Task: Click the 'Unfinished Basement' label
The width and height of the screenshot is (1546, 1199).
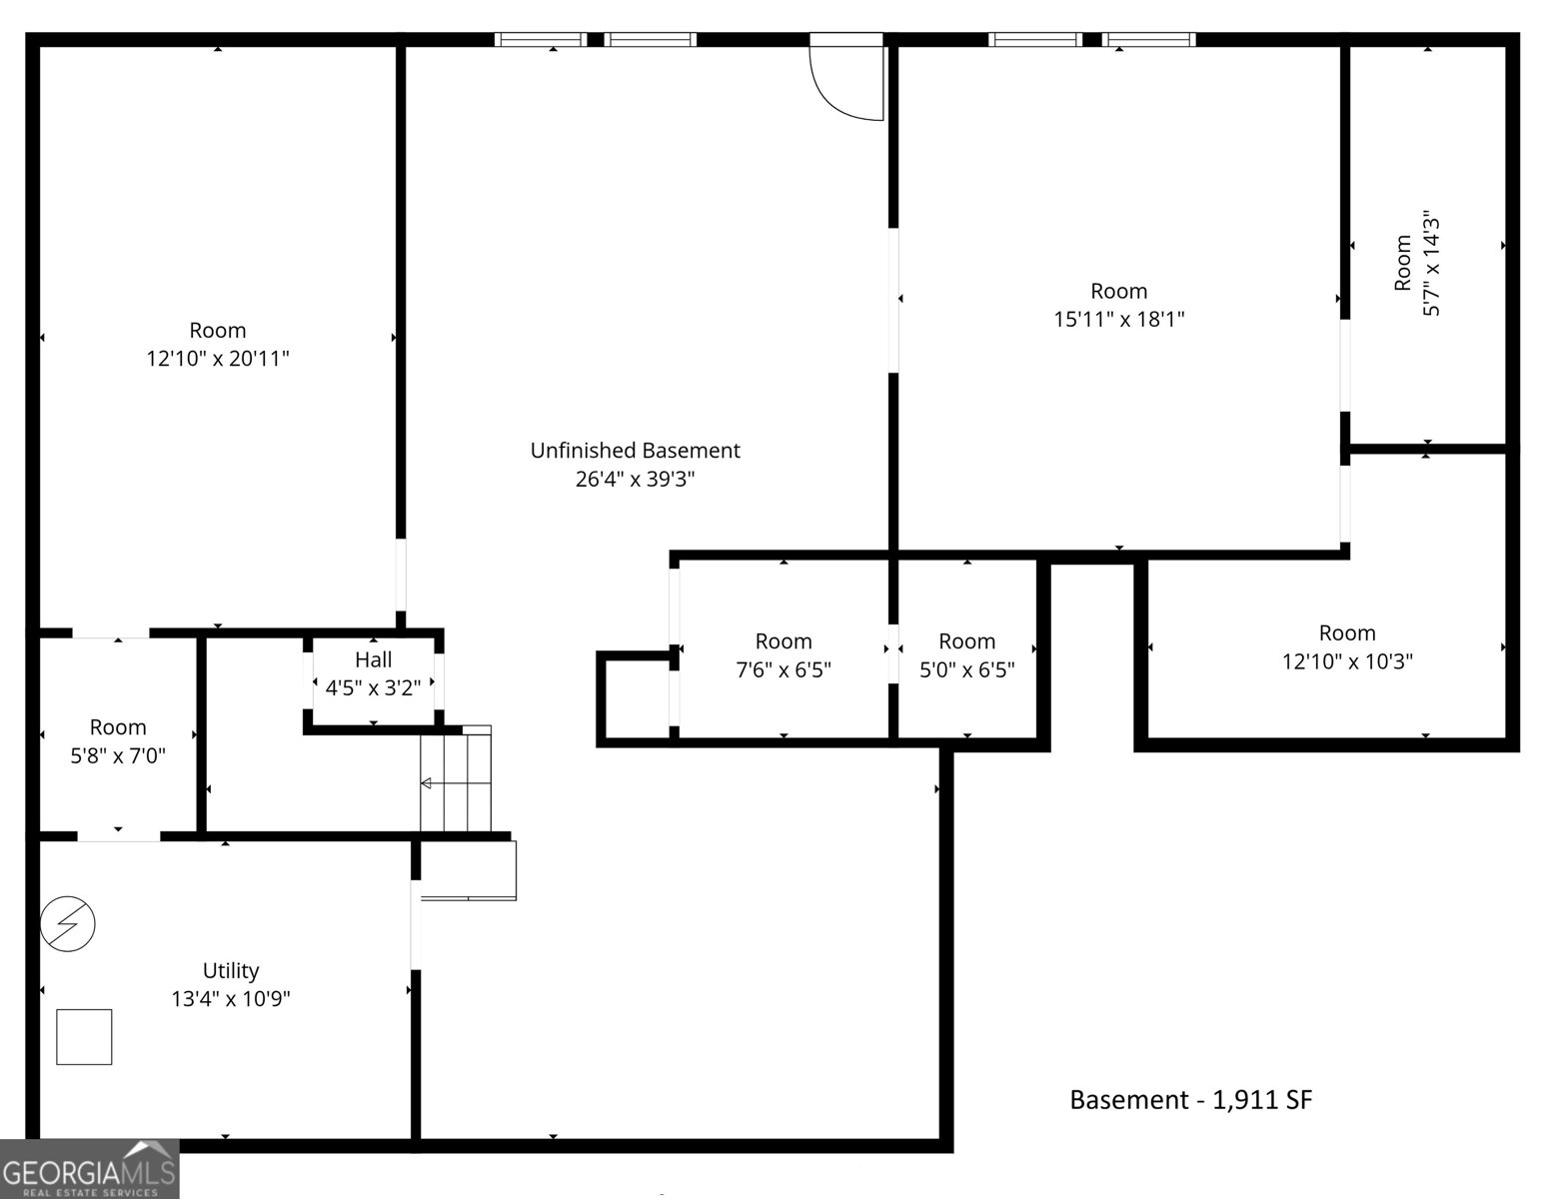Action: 635,451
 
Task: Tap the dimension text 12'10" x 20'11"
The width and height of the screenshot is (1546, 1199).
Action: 218,358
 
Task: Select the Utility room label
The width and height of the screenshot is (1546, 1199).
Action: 231,970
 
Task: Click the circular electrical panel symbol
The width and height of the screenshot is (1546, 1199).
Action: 68,924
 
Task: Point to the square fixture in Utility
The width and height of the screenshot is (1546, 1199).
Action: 84,1037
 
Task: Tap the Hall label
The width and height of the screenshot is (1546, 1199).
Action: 373,659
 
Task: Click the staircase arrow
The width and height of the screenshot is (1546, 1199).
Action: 456,783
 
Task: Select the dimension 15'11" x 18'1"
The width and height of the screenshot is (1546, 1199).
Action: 1118,319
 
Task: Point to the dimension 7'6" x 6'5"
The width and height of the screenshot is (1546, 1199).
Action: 783,669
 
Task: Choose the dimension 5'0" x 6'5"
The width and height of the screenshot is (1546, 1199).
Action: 966,669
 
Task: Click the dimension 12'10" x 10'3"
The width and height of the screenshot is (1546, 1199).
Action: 1347,661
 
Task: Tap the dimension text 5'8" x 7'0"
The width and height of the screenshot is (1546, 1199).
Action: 117,755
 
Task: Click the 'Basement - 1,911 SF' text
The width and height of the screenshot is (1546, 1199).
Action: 1191,1099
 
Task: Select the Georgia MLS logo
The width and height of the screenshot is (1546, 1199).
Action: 89,1169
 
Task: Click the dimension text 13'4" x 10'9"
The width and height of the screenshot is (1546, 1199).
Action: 231,998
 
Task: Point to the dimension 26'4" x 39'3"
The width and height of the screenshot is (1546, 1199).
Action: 635,479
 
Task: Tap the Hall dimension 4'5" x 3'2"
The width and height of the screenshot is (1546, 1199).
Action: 373,687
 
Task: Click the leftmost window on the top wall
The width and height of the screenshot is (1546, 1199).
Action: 541,39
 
